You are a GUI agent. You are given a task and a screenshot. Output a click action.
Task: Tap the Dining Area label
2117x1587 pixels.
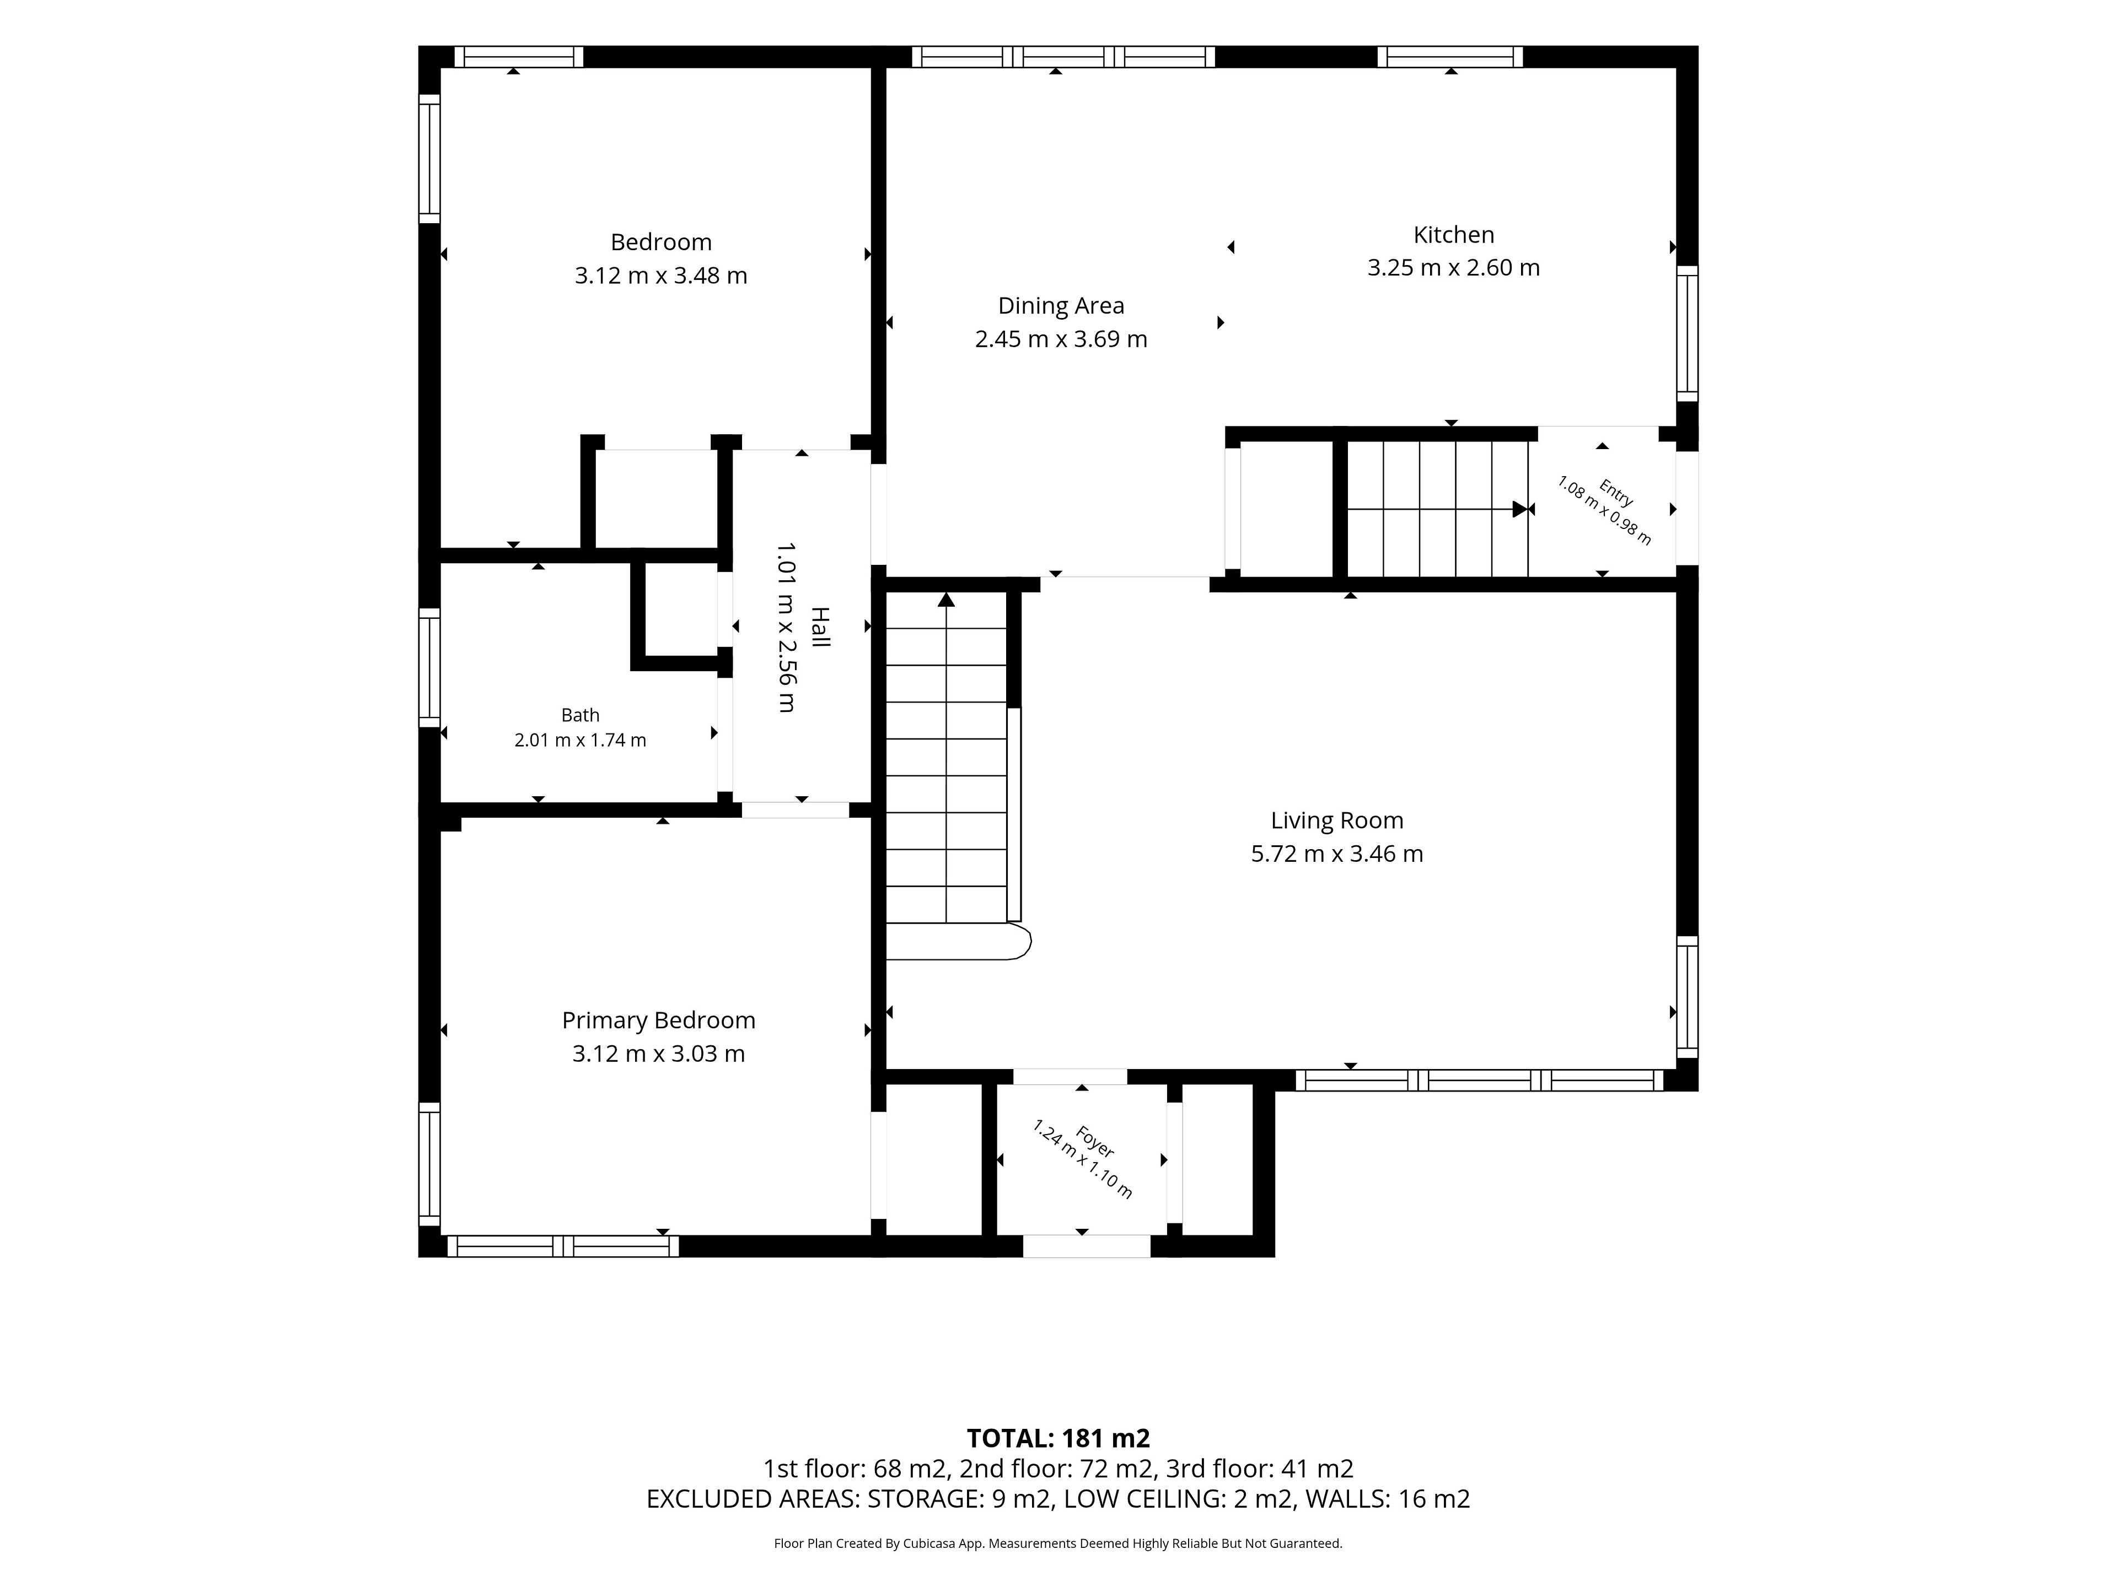[x=1060, y=306]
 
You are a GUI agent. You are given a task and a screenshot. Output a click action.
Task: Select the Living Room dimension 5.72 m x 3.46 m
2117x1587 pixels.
[x=1337, y=853]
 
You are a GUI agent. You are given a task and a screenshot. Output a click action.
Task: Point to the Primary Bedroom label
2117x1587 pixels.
[x=658, y=1021]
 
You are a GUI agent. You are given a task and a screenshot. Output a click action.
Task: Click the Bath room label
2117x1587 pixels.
[x=580, y=716]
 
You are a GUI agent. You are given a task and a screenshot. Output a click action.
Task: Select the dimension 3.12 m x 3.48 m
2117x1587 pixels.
[x=660, y=276]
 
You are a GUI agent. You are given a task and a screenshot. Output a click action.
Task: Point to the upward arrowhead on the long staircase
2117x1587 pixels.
[x=947, y=600]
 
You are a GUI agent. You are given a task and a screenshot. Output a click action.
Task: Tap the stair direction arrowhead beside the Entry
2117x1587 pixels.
[x=1519, y=509]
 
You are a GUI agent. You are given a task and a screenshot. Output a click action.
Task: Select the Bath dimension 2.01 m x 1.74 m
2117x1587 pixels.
[x=580, y=741]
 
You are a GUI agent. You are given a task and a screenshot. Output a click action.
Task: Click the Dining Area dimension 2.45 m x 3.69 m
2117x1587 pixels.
[x=1060, y=339]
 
